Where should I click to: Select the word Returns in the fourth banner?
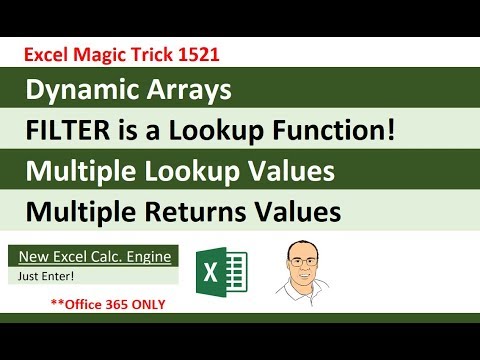pyautogui.click(x=217, y=212)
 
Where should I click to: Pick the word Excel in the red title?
pyautogui.click(x=47, y=50)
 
